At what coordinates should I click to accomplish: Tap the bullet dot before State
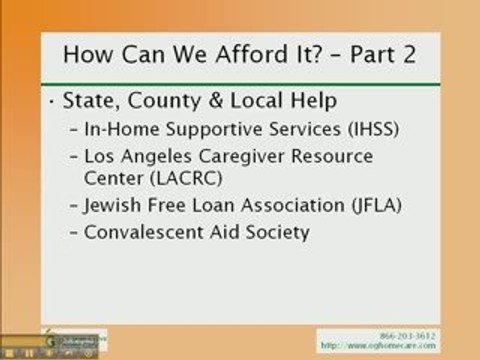(x=52, y=103)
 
